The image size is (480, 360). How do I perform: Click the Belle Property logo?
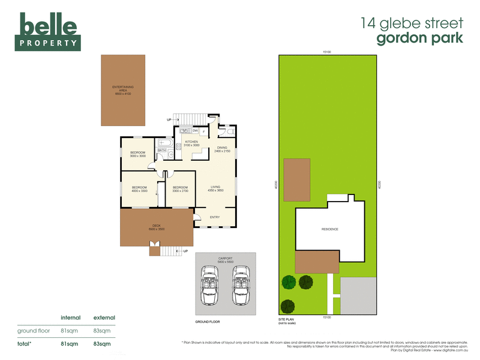pos(47,31)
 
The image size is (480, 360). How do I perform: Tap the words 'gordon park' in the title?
pos(420,38)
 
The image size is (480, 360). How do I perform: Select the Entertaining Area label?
pos(122,91)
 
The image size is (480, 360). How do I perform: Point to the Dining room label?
pos(222,149)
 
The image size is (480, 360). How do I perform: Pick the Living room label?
pos(215,188)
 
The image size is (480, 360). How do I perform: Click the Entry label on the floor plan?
pos(215,217)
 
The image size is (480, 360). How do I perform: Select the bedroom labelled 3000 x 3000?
pos(138,154)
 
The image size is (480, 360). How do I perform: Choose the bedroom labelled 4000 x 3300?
pos(139,188)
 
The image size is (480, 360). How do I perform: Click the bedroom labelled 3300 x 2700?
pos(180,188)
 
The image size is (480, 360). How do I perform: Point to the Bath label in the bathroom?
pos(162,150)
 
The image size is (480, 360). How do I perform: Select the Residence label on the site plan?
pos(330,229)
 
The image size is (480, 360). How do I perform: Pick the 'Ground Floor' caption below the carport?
pos(208,322)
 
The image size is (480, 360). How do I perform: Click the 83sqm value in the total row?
pos(102,344)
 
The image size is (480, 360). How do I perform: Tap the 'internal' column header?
pos(71,317)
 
